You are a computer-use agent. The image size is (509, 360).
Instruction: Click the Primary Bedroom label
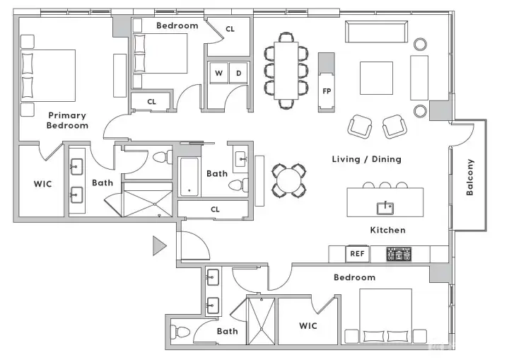pos(67,120)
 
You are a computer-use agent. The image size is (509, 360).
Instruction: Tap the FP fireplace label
pos(327,91)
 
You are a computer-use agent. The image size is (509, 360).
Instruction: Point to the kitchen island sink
pos(385,207)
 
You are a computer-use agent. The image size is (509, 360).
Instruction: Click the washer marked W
pos(218,74)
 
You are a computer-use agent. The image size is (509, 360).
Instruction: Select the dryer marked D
pos(238,74)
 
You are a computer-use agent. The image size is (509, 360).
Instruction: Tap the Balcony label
pos(470,177)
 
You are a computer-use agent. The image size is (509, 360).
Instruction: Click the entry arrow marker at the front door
pos(159,245)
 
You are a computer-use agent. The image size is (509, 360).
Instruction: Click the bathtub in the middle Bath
pos(189,177)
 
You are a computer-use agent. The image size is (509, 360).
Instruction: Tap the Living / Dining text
pos(366,159)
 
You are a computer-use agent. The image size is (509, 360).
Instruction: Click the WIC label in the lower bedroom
pos(308,326)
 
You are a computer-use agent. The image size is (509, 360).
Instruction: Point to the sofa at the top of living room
pos(375,33)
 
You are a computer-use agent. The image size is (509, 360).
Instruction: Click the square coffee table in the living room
pos(376,78)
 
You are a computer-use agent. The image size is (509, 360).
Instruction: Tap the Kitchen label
pos(387,230)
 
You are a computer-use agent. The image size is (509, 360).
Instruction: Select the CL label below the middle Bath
pos(215,209)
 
